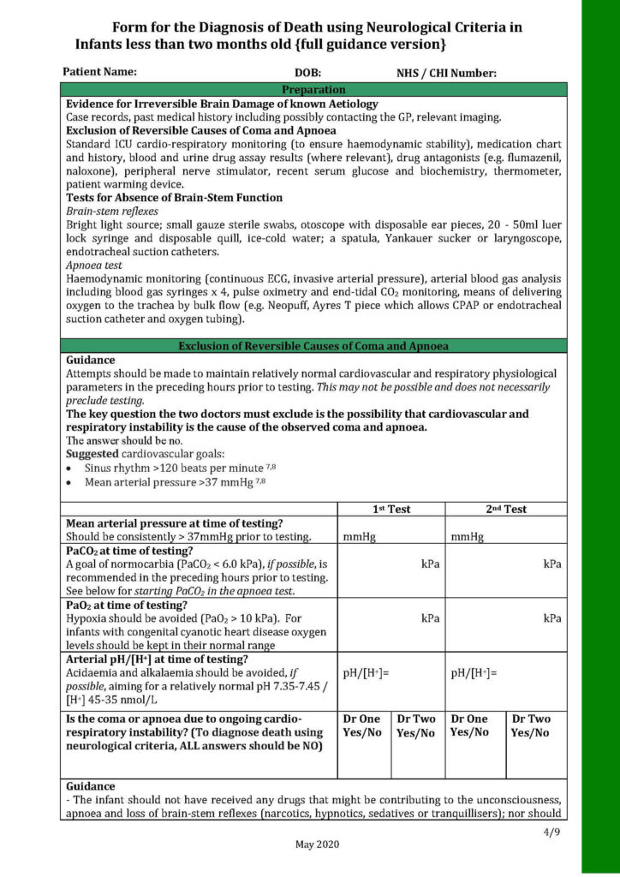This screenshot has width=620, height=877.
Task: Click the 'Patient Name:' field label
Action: point(99,72)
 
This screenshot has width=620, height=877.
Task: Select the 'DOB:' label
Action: point(307,74)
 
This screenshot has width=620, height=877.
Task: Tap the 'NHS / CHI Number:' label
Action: point(446,74)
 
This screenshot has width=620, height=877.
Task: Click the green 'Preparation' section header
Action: point(313,89)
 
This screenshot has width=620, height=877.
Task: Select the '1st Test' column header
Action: point(391,509)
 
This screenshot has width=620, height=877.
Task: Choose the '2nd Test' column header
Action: point(506,509)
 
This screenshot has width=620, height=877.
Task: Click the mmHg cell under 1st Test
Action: point(355,537)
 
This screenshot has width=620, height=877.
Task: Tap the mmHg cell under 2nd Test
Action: point(467,537)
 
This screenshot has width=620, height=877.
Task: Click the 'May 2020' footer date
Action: point(317,844)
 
